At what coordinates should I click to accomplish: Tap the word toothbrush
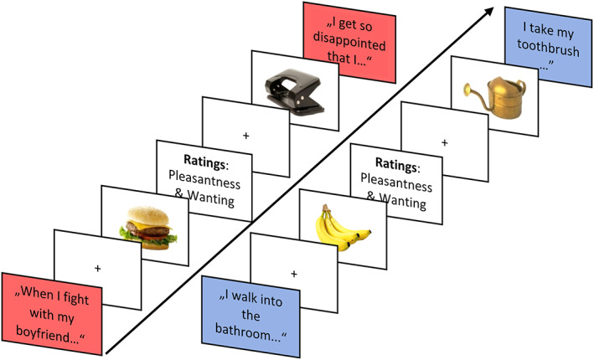541,47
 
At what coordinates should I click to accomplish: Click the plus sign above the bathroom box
293,273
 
